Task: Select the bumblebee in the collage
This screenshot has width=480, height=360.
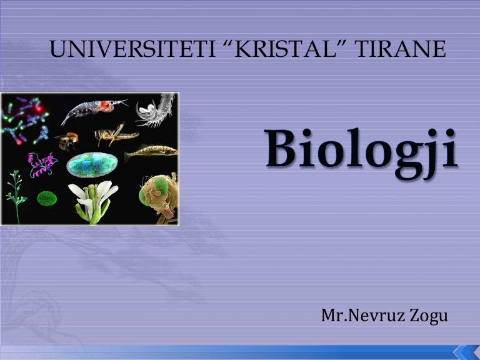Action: (x=66, y=141)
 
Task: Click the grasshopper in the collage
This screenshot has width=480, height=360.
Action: (x=116, y=134)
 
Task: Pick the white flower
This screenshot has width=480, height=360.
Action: (x=93, y=198)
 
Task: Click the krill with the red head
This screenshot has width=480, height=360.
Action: (x=94, y=111)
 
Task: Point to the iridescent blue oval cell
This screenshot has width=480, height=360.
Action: (x=92, y=164)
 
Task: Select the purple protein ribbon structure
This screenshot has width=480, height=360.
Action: (x=43, y=164)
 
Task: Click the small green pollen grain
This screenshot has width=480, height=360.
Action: (x=47, y=199)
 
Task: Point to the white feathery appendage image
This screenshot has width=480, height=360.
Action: (x=154, y=110)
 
